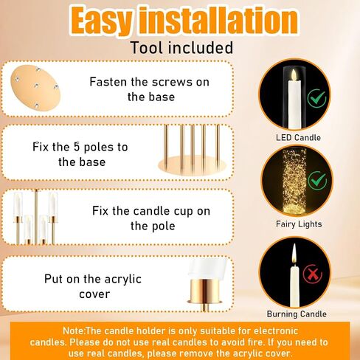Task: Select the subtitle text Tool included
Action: point(181,47)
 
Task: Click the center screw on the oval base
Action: point(36,86)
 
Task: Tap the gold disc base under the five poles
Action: point(192,165)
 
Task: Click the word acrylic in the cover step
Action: point(123,280)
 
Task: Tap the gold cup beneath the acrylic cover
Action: point(204,291)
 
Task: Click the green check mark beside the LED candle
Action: point(316,99)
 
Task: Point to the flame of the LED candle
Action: point(294,75)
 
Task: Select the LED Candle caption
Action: point(298,137)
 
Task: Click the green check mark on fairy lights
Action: point(317,181)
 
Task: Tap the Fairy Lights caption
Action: point(299,224)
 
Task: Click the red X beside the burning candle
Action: point(313,274)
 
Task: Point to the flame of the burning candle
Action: point(294,255)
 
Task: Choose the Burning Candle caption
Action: point(297,314)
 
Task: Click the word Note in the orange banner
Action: point(74,330)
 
